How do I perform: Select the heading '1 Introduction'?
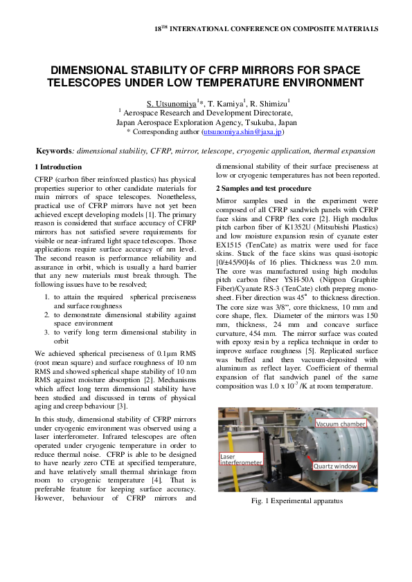click(58, 167)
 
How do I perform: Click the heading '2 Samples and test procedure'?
click(264, 189)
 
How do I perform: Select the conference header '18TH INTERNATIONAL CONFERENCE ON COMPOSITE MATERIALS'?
click(266, 29)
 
